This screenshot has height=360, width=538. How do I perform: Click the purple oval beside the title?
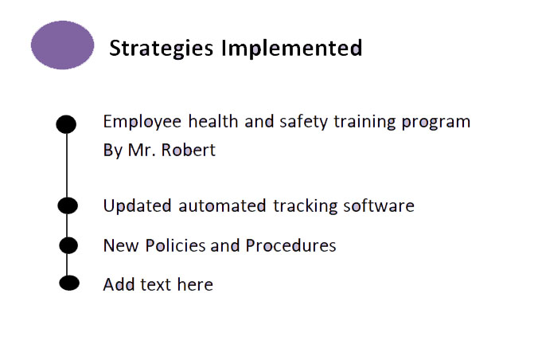click(x=63, y=45)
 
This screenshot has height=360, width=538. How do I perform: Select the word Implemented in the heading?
click(x=291, y=49)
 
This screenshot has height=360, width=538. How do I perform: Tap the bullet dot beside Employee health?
click(x=67, y=124)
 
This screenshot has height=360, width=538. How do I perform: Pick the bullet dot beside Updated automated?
click(x=68, y=205)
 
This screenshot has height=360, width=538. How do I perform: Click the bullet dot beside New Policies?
click(x=69, y=245)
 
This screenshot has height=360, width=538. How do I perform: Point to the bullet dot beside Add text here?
click(x=70, y=283)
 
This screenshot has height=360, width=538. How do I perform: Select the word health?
click(x=213, y=121)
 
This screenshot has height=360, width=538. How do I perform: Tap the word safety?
click(x=302, y=121)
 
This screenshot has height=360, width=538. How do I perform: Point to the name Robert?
click(x=188, y=150)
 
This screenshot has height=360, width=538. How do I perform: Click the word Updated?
click(x=137, y=206)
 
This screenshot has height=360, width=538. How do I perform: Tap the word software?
click(x=379, y=206)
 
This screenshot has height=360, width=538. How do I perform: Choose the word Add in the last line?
click(x=119, y=284)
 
